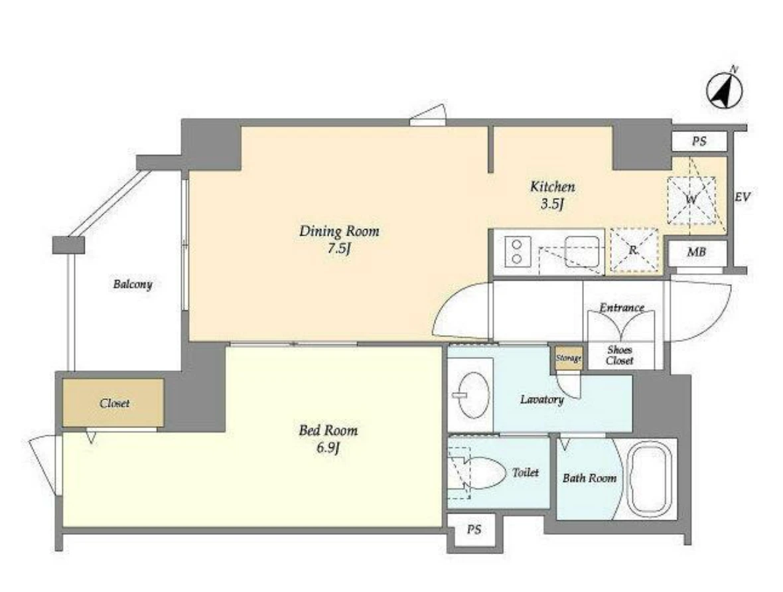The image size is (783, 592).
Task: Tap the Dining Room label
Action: click(x=339, y=232)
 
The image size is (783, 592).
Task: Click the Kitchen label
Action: click(x=552, y=187)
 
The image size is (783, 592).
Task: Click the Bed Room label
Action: click(x=328, y=430)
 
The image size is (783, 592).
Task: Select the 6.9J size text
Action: click(x=328, y=447)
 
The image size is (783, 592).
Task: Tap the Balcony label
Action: click(x=132, y=284)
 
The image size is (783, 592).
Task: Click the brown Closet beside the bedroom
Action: click(x=113, y=403)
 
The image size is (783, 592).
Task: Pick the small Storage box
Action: click(x=569, y=358)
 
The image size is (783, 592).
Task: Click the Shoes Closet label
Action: click(x=620, y=355)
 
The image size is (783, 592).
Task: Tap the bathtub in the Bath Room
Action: click(x=649, y=478)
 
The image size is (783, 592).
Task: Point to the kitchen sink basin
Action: click(x=582, y=252)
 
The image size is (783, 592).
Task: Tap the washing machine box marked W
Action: click(x=691, y=200)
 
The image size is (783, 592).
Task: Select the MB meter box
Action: click(x=696, y=252)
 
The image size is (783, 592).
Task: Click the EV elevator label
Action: click(x=742, y=197)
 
